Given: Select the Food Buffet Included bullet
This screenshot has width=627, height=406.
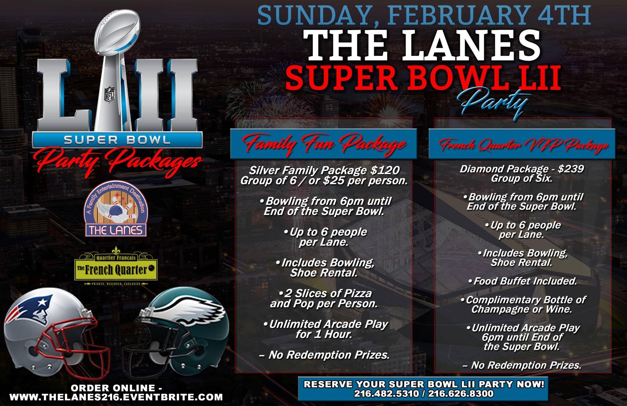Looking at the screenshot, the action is click(x=523, y=281).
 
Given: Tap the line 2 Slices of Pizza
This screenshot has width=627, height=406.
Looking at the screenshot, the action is click(x=325, y=294).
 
